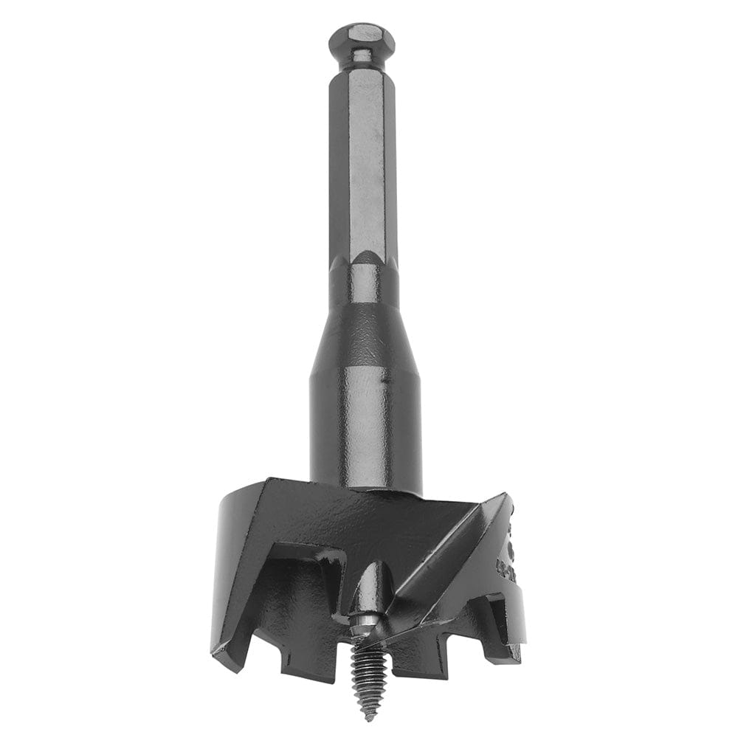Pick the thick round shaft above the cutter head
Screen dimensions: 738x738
click(365, 428)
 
